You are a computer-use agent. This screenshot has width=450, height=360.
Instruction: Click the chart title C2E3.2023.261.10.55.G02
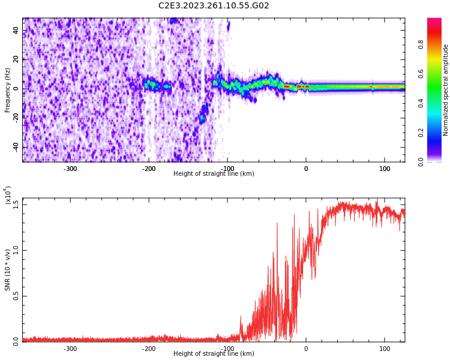[214, 6]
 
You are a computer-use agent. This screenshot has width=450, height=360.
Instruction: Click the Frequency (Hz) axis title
[8, 90]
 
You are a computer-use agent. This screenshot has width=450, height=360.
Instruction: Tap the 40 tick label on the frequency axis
[16, 31]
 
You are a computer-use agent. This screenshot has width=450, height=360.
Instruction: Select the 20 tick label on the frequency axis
[16, 59]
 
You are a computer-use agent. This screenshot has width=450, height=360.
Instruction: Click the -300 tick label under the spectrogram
[70, 169]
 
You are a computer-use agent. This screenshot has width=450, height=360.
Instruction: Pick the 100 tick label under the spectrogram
[384, 169]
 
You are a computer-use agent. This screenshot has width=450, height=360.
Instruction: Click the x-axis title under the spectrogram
[214, 174]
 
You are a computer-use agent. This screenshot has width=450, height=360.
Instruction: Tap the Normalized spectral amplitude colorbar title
[446, 90]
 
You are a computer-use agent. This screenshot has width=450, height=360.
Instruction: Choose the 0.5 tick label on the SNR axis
[16, 296]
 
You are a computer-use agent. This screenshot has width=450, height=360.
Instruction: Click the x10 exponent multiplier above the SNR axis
[8, 196]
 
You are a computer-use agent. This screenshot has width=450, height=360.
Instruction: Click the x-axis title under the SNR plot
[214, 354]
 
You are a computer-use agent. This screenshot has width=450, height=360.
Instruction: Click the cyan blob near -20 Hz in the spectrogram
[202, 117]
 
